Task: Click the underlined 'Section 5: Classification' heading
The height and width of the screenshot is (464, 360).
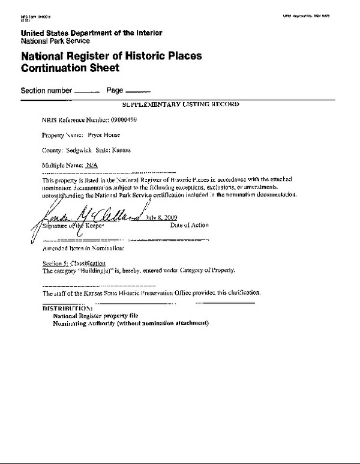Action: [74, 263]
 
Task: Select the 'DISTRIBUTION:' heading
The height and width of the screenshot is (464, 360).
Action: [67, 308]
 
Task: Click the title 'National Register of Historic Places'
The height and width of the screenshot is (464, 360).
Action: [112, 56]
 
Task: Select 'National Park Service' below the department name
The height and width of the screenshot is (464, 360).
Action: [55, 41]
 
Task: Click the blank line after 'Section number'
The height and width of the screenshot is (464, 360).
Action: [86, 91]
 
